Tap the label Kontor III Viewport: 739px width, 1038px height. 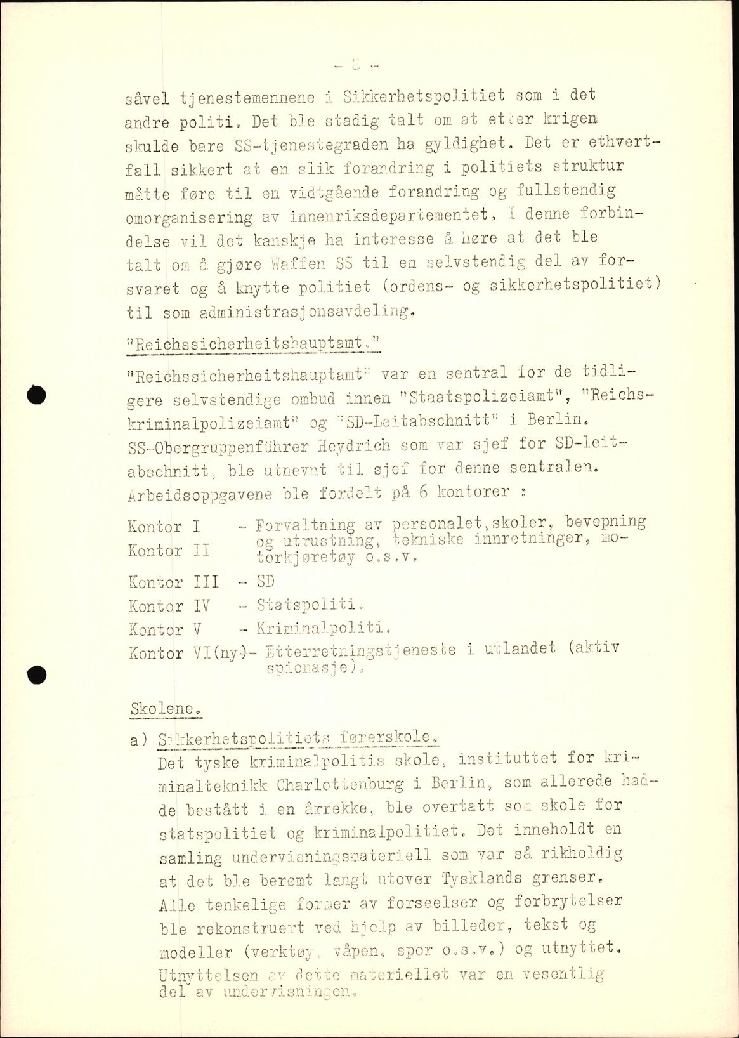[x=173, y=582]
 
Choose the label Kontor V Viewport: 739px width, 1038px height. [x=164, y=629]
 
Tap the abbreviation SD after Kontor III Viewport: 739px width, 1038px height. [x=265, y=581]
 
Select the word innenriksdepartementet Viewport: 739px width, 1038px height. [x=393, y=215]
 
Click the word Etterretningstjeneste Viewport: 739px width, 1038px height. [x=362, y=650]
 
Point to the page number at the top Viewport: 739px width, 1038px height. [x=355, y=63]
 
